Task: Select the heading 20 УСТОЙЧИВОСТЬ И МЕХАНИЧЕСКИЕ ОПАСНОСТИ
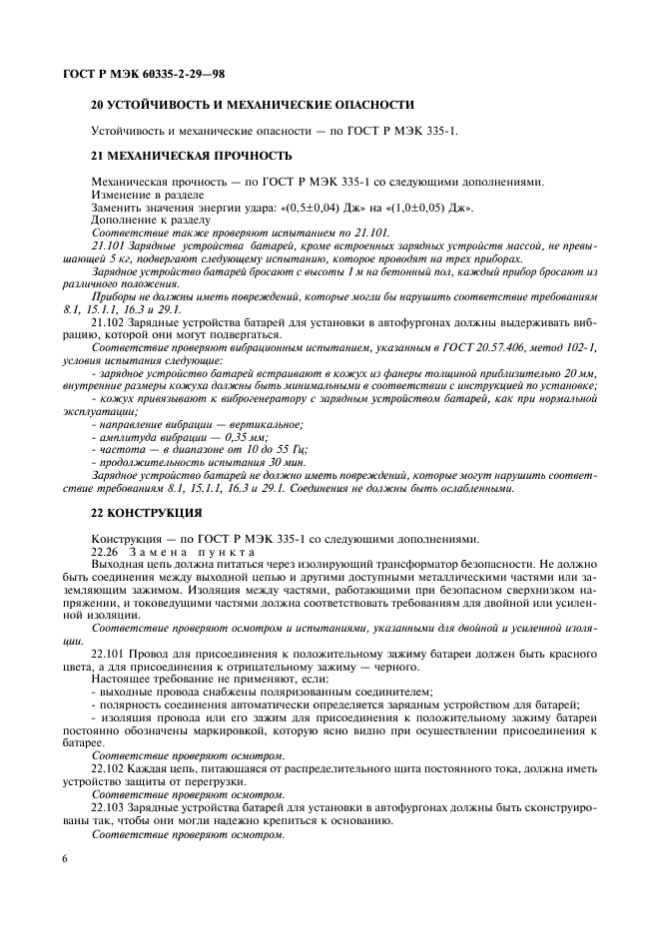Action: (252, 105)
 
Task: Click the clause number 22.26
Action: (105, 551)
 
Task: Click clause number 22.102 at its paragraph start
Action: (108, 768)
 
